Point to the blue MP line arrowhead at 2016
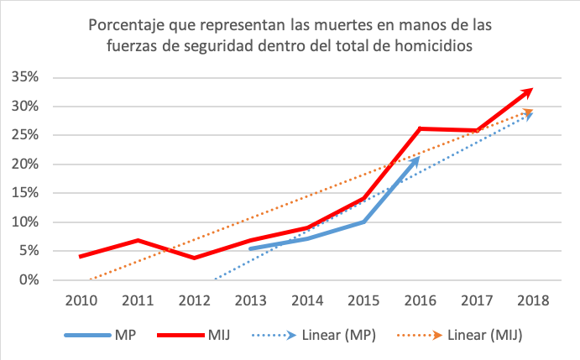(x=417, y=158)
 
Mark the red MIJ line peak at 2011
(x=137, y=241)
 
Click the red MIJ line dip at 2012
(x=194, y=258)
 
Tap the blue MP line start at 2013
(x=251, y=248)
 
